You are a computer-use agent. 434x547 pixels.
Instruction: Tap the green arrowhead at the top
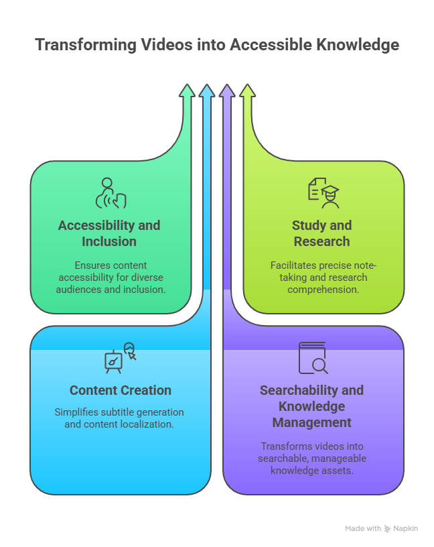[x=188, y=92]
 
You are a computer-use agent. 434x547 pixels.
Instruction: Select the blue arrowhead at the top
[x=207, y=92]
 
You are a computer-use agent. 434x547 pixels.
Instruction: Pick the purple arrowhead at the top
[x=227, y=92]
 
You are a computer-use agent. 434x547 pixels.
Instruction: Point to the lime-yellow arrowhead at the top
[x=247, y=92]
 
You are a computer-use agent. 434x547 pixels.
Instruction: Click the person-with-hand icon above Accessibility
[x=111, y=193]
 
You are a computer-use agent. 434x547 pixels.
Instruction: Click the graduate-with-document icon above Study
[x=323, y=193]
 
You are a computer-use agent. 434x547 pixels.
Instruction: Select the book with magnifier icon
[x=313, y=358]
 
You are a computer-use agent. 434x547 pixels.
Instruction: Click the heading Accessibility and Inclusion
[x=109, y=233]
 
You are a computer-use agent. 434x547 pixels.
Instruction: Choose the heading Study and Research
[x=321, y=233]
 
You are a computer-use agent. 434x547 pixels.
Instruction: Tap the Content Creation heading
[x=121, y=390]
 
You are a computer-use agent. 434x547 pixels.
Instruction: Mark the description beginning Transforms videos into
[x=312, y=458]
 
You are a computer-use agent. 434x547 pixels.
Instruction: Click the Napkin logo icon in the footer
[x=388, y=529]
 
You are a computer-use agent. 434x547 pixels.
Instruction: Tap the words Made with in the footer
[x=363, y=529]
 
